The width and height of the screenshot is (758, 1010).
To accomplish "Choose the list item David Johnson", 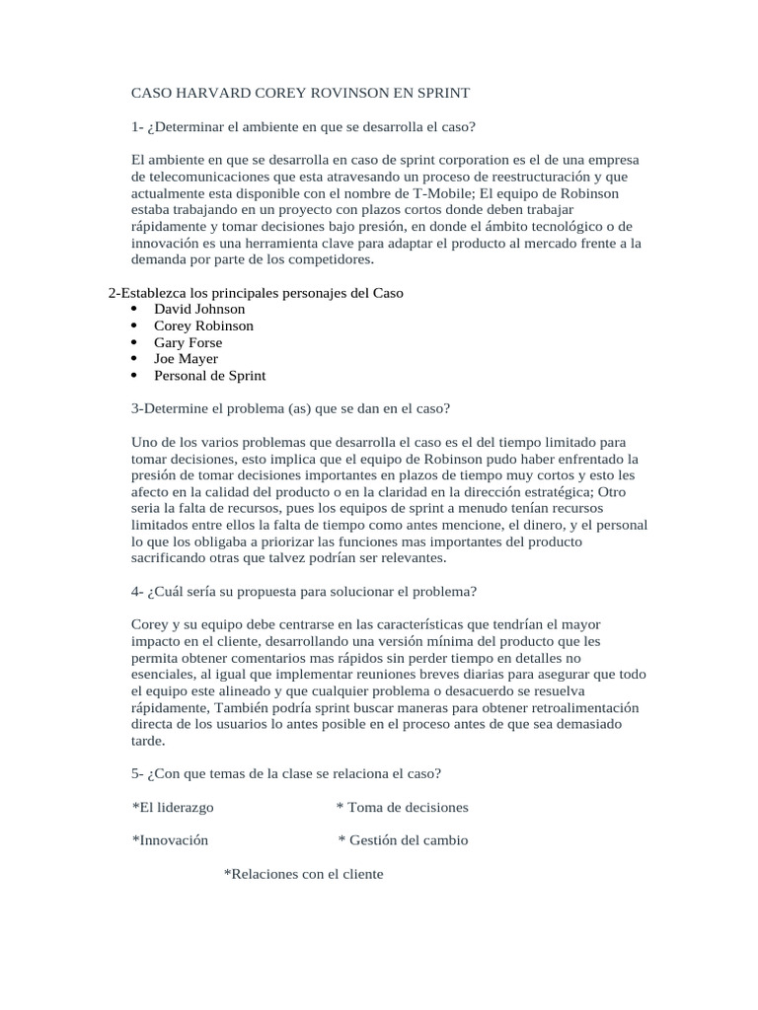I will tap(199, 309).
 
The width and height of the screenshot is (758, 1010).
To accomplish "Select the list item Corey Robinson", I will tap(203, 325).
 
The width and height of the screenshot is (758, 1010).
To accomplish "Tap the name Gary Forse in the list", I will tap(188, 342).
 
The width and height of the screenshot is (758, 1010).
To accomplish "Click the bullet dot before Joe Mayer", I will tap(133, 359).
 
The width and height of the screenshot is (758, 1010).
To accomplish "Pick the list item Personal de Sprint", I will tap(209, 376).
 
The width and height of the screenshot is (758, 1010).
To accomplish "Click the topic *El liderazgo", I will tap(173, 808).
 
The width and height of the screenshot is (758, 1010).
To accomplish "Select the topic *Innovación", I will tap(170, 840).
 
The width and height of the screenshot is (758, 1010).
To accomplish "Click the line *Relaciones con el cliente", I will tap(303, 874).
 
